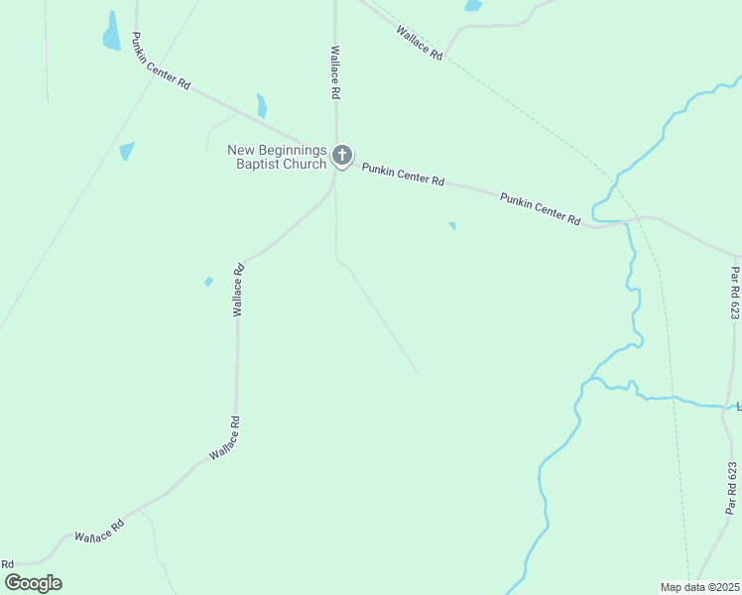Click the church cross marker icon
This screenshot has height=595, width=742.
(x=342, y=155)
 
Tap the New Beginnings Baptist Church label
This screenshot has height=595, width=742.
(x=277, y=157)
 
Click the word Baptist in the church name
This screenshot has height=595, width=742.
(x=258, y=164)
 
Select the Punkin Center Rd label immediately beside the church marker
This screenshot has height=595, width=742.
(x=403, y=176)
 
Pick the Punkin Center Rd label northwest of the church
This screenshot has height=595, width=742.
(x=161, y=68)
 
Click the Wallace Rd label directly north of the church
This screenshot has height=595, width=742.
(x=335, y=72)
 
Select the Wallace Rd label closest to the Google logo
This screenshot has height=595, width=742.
(x=99, y=531)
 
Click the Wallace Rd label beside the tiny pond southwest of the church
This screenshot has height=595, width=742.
(x=238, y=290)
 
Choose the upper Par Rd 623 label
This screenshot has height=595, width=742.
(x=734, y=293)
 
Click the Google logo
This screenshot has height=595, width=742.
(x=33, y=583)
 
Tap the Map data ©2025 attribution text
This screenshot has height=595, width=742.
(x=699, y=586)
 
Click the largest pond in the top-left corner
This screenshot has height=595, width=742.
(x=111, y=34)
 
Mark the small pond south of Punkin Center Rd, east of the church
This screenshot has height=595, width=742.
(x=452, y=226)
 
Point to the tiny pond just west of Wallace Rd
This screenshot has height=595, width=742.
(x=208, y=282)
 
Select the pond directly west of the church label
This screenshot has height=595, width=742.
(x=126, y=151)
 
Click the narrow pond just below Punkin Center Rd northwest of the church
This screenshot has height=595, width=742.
(x=262, y=105)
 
